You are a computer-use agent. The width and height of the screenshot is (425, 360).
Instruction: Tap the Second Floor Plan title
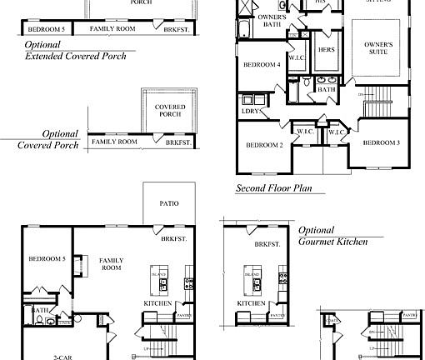pos(273,188)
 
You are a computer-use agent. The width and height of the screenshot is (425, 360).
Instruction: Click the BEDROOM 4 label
pos(261,65)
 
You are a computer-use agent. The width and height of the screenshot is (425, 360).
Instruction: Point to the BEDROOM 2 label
pos(264,145)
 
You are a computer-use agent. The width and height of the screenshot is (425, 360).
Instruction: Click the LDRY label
pos(249,111)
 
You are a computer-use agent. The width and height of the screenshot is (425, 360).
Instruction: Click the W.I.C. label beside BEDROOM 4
pos(297,59)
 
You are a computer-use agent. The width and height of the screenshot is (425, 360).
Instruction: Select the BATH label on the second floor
pos(327,89)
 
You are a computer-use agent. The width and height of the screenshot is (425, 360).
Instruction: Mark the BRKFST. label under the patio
pos(173,239)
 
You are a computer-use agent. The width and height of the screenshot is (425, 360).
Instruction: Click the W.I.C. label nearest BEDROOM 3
pos(337,132)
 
